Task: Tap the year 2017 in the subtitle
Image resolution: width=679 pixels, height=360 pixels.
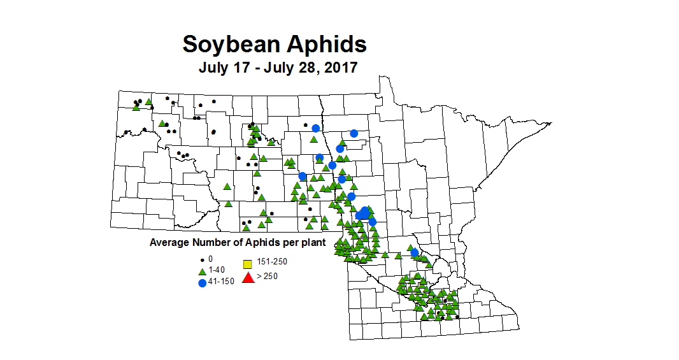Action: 338,68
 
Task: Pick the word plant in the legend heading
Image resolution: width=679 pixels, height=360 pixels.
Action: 313,243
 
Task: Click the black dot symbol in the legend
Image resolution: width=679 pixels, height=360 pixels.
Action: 203,260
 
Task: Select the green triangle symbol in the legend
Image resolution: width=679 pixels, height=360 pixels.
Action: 203,271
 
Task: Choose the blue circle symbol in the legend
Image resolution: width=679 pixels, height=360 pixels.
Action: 203,282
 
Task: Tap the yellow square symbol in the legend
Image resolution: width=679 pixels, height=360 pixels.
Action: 248,264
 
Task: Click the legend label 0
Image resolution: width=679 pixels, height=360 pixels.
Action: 211,259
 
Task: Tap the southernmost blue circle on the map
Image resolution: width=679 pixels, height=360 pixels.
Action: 415,253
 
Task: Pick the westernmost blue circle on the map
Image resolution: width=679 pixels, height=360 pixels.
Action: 303,176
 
